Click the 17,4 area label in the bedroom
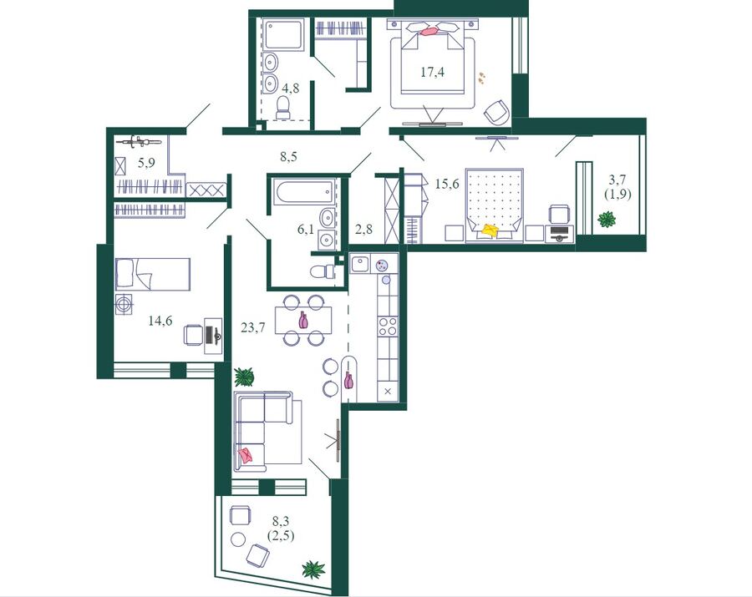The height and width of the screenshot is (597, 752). (433, 73)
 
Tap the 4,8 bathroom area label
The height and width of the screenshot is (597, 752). (290, 89)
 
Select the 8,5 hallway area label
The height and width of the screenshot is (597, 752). (288, 156)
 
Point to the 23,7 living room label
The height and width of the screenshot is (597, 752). (252, 328)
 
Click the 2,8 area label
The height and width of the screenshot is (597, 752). (364, 229)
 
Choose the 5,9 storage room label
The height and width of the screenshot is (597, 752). (146, 163)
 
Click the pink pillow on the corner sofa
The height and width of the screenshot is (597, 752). (246, 455)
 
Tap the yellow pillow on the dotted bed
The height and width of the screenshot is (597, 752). (490, 230)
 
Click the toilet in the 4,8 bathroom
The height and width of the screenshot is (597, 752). (283, 108)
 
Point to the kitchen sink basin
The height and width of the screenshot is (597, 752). (359, 263)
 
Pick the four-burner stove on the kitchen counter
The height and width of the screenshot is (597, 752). (388, 326)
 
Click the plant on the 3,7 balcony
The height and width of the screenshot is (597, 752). (607, 220)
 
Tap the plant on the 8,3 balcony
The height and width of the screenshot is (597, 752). (313, 569)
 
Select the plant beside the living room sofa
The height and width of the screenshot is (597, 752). (244, 377)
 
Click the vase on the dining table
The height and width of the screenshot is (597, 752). (303, 320)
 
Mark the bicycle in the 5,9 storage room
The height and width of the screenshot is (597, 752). (138, 141)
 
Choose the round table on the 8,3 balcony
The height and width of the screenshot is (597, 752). (238, 539)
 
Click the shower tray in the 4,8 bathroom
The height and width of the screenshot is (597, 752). (283, 34)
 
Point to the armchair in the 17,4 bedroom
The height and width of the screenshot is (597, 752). (497, 112)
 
